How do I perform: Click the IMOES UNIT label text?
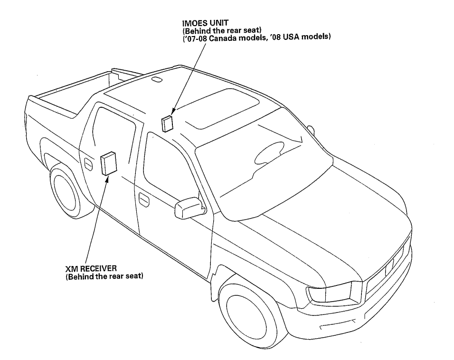pyautogui.click(x=205, y=23)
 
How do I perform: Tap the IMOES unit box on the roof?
pyautogui.click(x=167, y=123)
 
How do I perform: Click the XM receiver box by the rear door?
pyautogui.click(x=109, y=163)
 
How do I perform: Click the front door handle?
pyautogui.click(x=144, y=199)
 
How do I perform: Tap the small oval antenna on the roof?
pyautogui.click(x=157, y=79)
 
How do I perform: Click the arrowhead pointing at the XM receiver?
pyautogui.click(x=107, y=179)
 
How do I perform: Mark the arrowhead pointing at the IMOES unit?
pyautogui.click(x=173, y=112)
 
